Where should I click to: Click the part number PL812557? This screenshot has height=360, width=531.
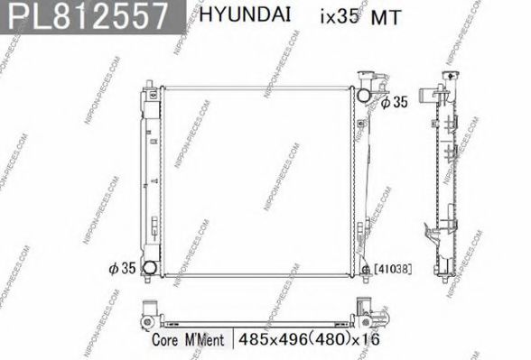(87, 16)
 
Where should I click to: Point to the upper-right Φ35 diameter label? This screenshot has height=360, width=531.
(395, 103)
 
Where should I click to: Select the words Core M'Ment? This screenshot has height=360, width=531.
(190, 340)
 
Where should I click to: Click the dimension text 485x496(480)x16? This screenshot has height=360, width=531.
(305, 340)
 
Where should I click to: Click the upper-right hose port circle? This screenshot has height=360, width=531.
(364, 94)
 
